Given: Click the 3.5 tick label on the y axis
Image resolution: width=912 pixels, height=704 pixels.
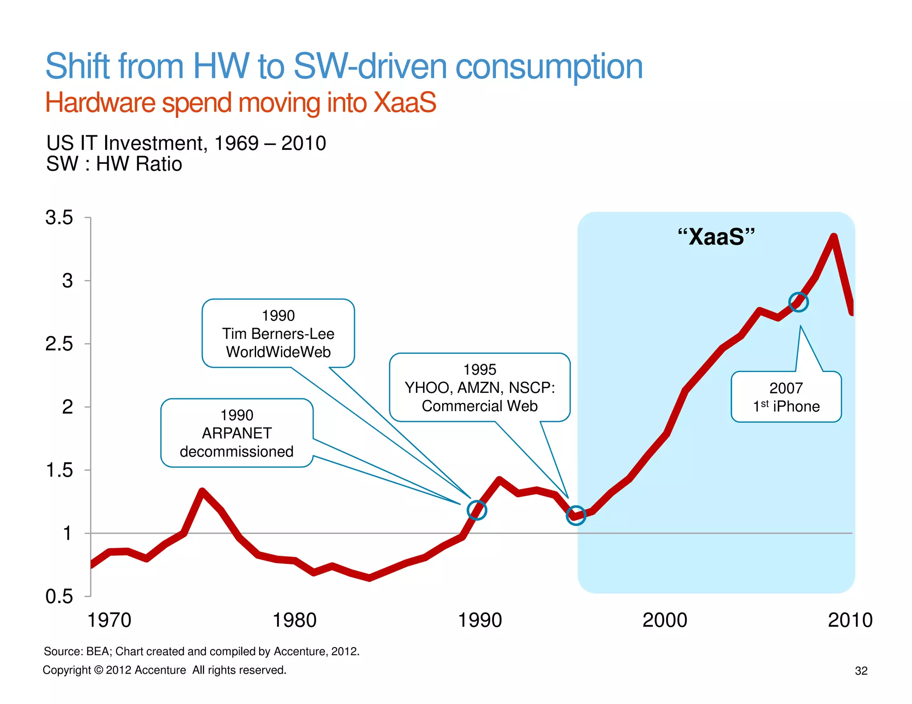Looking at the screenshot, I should pyautogui.click(x=59, y=218).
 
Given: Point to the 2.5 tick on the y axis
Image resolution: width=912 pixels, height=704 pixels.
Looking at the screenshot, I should pyautogui.click(x=59, y=344).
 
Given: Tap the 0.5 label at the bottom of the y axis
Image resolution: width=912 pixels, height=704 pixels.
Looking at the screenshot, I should pyautogui.click(x=59, y=596).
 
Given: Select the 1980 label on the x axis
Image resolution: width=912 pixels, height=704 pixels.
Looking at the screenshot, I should pyautogui.click(x=294, y=620).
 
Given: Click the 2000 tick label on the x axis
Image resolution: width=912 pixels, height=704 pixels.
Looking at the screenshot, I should pyautogui.click(x=664, y=620).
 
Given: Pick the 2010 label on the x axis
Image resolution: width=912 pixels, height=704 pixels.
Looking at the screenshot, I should pyautogui.click(x=850, y=620).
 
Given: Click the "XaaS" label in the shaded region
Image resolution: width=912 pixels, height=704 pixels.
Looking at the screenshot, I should pyautogui.click(x=716, y=237).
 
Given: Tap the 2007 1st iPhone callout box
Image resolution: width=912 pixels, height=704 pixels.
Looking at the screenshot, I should pyautogui.click(x=786, y=397).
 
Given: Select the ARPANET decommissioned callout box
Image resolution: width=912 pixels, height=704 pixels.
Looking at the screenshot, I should pyautogui.click(x=236, y=433).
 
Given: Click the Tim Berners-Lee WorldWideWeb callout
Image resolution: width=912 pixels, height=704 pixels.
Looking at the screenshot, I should pyautogui.click(x=278, y=333).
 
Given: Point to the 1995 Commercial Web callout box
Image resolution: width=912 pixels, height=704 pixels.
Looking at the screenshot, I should pyautogui.click(x=480, y=388).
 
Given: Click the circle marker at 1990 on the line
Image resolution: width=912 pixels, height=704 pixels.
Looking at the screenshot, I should pyautogui.click(x=477, y=510).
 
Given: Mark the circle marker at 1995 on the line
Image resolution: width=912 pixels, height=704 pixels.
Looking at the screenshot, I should pyautogui.click(x=576, y=515).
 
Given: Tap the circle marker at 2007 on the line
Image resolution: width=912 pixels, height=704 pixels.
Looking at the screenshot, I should pyautogui.click(x=798, y=303).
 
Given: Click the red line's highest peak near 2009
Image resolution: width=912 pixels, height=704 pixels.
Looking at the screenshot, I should pyautogui.click(x=834, y=237).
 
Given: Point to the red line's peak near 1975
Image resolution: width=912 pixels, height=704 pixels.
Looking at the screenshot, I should pyautogui.click(x=202, y=492).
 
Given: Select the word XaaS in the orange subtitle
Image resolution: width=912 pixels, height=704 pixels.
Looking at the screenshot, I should pyautogui.click(x=405, y=103).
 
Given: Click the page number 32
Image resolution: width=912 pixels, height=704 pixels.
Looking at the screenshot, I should pyautogui.click(x=861, y=671).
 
